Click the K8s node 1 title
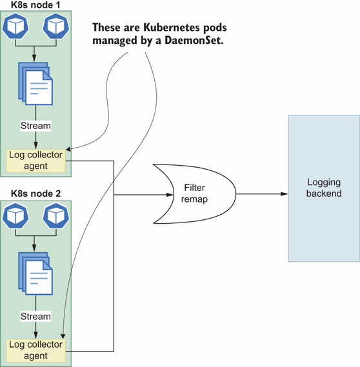pos(35,5)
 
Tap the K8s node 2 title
pos(36,193)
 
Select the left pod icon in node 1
pos(15,26)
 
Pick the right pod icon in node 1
pos(56,26)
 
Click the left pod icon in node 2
pos(15,216)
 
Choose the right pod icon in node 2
pos(56,216)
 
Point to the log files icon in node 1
pos(35,84)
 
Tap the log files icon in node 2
pos(35,273)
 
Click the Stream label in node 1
pos(35,126)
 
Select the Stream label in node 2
pos(35,317)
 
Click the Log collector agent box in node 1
pos(36,161)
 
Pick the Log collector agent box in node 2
pos(36,350)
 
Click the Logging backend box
pos(324,188)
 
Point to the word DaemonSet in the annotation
pos(194,40)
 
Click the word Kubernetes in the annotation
pos(172,27)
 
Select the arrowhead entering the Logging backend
pos(285,193)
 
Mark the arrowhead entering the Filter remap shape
pos(170,195)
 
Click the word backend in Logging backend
pos(324,193)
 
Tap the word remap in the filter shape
pos(194,199)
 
